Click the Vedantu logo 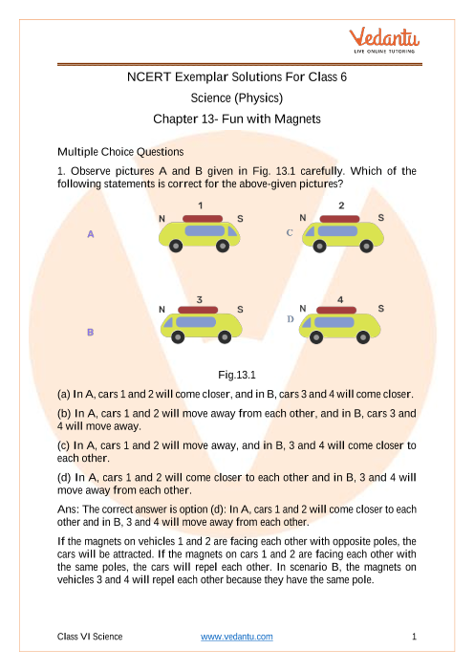tap(384, 40)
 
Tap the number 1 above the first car tap(201, 206)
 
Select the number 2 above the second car tap(341, 206)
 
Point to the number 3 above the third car tap(200, 299)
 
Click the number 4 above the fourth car tap(340, 299)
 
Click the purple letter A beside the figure tap(91, 234)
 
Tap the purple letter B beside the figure tap(90, 332)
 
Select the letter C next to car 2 tap(290, 233)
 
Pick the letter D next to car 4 tap(291, 319)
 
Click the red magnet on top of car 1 tap(203, 219)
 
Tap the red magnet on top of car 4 tap(336, 310)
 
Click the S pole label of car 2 tap(380, 218)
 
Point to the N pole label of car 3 tap(162, 310)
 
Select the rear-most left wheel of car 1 tap(176, 246)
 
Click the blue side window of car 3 tap(196, 322)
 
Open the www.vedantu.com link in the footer tap(237, 637)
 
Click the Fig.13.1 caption tap(237, 375)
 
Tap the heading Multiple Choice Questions tap(120, 152)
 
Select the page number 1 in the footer tap(414, 637)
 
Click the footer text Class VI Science tap(90, 637)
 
